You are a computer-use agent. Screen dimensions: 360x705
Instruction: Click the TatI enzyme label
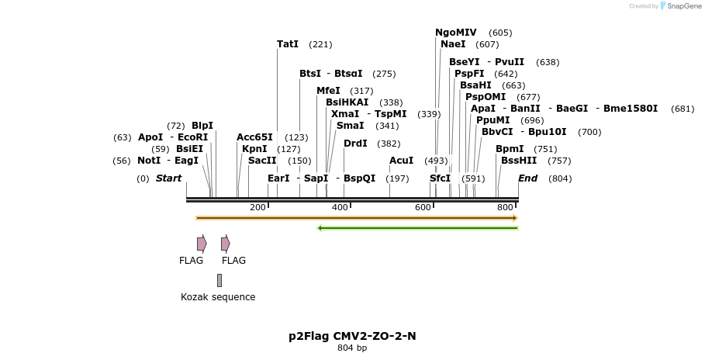288,44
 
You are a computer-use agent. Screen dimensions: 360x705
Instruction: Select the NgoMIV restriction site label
456,33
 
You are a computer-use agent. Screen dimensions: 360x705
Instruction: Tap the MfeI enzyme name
328,91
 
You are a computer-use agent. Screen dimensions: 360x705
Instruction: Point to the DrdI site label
355,144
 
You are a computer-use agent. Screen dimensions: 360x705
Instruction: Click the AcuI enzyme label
401,161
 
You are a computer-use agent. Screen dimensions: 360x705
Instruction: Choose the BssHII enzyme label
519,161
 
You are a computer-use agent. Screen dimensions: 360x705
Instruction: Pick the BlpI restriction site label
202,126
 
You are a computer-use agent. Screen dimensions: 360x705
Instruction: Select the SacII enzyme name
262,161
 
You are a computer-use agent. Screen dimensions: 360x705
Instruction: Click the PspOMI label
486,97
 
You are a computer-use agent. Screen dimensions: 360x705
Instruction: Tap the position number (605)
500,33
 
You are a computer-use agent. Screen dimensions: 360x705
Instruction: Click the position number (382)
389,144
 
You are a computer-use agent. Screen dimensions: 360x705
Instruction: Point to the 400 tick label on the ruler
340,207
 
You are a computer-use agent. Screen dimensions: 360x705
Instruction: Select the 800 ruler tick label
505,207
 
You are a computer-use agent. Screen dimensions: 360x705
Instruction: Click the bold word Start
168,178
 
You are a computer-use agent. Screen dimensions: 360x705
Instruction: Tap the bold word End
527,178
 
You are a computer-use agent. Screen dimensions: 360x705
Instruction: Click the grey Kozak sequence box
219,280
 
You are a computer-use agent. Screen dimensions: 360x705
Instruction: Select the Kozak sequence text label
218,297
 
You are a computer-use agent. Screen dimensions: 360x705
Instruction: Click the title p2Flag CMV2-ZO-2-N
352,336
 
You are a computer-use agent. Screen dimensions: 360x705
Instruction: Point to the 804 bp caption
352,348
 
